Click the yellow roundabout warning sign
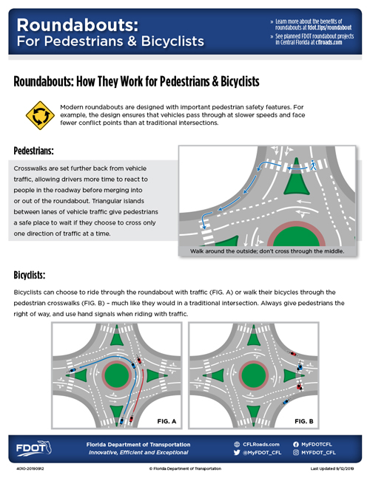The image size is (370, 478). point(40,115)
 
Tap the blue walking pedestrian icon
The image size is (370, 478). point(312,165)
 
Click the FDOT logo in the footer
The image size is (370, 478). point(33,448)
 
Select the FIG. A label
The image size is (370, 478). point(166,421)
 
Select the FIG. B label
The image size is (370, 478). point(304,421)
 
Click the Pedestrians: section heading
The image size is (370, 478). point(33,151)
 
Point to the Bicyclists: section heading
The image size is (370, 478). point(30,275)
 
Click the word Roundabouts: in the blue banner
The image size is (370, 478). point(78,25)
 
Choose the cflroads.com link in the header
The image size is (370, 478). point(329,42)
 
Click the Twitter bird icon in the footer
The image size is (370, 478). point(237,452)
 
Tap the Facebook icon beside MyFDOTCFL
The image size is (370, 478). point(296,445)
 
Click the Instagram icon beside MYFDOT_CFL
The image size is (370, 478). point(296,452)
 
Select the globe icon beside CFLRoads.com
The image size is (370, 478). point(237,445)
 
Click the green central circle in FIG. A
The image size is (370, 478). point(117,376)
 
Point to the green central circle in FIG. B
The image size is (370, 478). point(253,376)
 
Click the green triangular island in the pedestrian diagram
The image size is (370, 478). point(297,180)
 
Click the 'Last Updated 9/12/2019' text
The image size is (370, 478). point(332,468)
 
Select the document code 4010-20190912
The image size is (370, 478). point(30,468)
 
